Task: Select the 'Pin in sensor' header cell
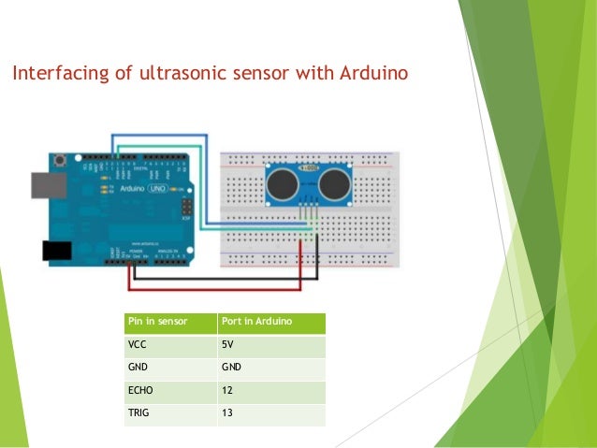[169, 323]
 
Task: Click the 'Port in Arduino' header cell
[270, 323]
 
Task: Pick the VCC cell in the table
[169, 345]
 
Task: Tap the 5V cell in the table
[270, 345]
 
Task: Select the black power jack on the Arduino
[55, 251]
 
